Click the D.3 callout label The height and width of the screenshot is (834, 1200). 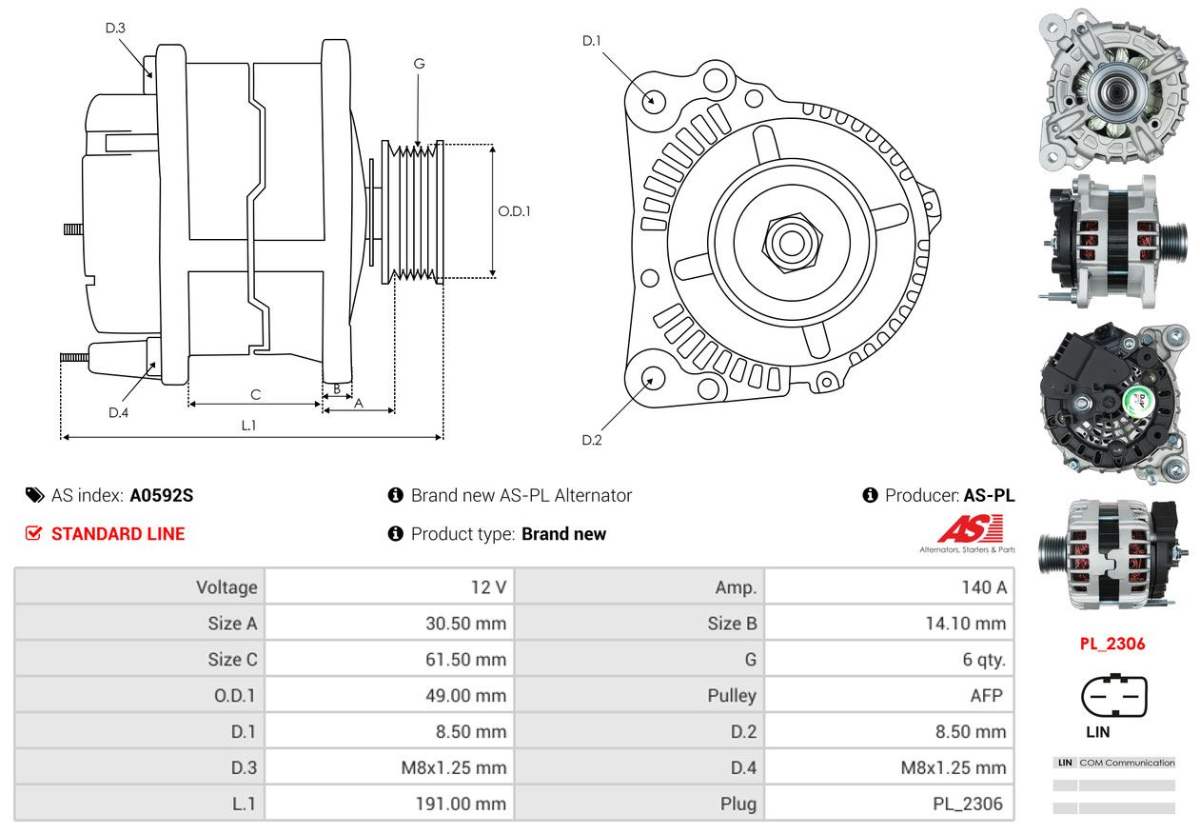(115, 28)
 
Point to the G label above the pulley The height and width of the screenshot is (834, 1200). (419, 64)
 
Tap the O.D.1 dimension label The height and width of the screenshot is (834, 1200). (514, 211)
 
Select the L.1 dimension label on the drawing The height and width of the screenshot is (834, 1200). (248, 426)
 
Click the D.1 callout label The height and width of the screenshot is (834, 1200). (591, 41)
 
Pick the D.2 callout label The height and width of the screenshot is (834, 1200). (591, 440)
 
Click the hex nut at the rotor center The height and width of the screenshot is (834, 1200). (792, 243)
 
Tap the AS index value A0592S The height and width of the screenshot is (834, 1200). (161, 495)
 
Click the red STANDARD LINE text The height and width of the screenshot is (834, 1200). (118, 534)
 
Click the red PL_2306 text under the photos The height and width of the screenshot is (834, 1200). (1112, 644)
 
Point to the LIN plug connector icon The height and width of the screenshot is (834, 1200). (1114, 695)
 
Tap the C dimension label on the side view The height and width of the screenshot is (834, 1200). (256, 395)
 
